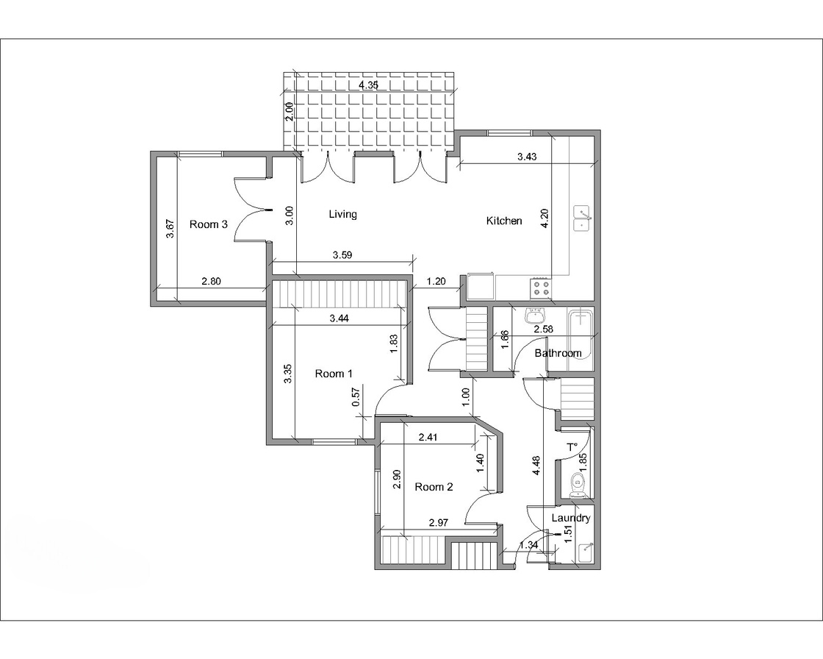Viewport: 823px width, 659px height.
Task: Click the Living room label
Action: [342, 214]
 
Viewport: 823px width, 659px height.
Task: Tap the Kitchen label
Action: [504, 221]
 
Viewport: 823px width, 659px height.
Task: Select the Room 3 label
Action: [209, 224]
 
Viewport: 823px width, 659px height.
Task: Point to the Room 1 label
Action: [334, 374]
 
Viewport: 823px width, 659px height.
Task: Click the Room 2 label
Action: [434, 487]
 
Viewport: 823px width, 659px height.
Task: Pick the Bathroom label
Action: [558, 353]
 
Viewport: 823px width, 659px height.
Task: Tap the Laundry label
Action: [570, 519]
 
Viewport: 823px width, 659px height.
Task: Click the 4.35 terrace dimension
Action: [368, 85]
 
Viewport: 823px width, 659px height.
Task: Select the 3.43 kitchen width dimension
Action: [527, 157]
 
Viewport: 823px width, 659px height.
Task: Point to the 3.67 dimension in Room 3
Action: [170, 229]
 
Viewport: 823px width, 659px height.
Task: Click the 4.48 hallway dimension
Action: [536, 466]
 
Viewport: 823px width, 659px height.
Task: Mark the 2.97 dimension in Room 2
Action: [438, 522]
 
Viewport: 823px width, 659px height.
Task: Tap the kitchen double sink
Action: [582, 218]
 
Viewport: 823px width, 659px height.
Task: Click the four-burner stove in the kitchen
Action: [541, 288]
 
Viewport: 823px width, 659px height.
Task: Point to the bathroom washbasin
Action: [536, 316]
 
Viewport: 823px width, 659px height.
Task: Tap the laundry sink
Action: [586, 553]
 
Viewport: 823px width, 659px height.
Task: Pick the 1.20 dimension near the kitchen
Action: [436, 281]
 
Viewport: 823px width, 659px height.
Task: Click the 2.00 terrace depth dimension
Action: [289, 112]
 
